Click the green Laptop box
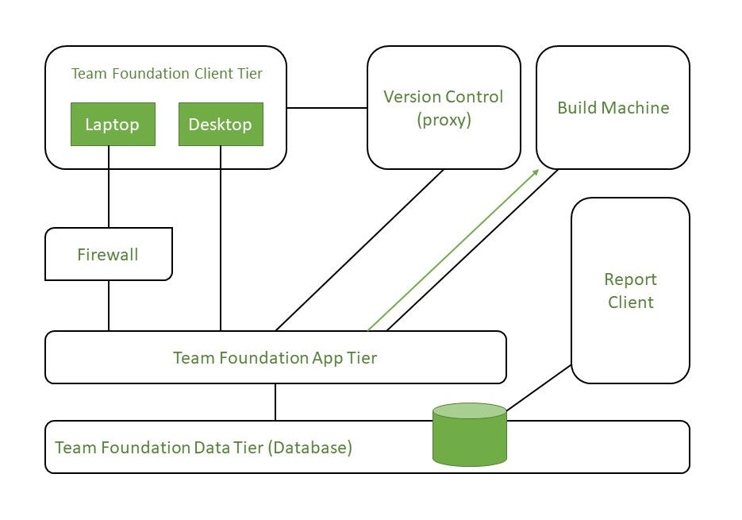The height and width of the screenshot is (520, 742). coord(112,125)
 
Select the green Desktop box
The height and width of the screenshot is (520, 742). coord(220,125)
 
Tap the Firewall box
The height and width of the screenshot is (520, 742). coord(108,254)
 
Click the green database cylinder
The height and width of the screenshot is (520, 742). coord(469,437)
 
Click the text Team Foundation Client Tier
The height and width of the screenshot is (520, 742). coord(167,74)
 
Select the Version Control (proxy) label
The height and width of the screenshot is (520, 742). coord(443,108)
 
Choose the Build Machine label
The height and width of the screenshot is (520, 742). coord(613,108)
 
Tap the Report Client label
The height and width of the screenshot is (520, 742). coord(630,291)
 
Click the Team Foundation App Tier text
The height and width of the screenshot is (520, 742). coord(275,358)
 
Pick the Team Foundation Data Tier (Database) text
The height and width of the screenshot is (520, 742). coord(203,448)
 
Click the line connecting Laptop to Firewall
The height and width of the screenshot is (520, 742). coord(109,198)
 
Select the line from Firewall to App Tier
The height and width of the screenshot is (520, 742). coord(109,306)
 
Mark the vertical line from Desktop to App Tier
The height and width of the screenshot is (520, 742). coord(221,238)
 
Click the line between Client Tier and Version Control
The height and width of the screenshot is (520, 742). coord(327,107)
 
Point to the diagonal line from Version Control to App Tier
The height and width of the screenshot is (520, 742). coord(359,250)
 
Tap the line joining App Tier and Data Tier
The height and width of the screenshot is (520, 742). coord(275,402)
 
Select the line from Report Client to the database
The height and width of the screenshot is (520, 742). coord(540,389)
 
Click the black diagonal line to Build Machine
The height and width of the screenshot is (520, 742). coord(472,248)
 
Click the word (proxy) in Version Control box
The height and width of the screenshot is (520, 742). coord(443,120)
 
